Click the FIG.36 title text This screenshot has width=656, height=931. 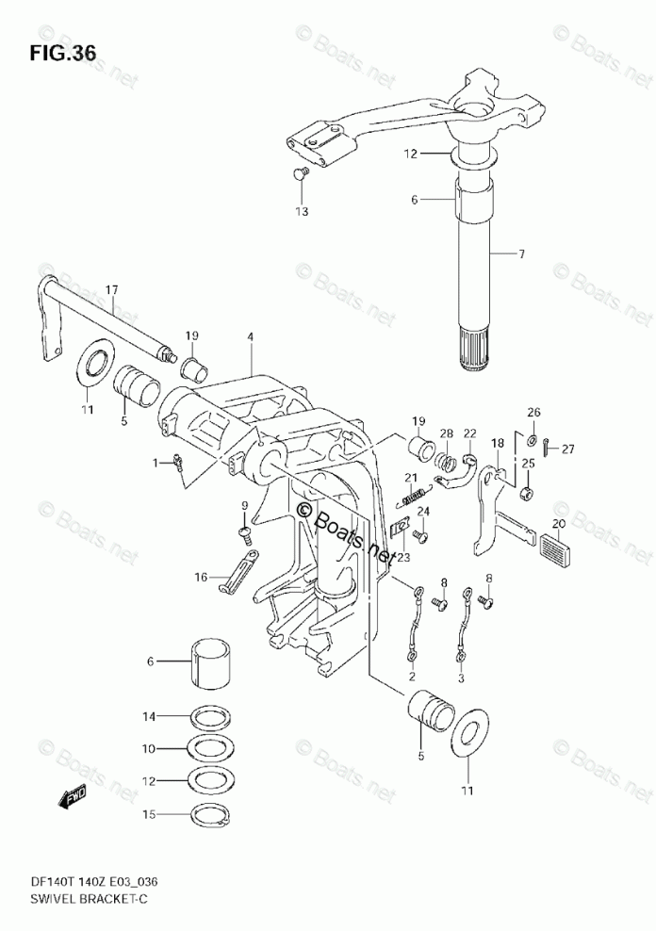(x=62, y=53)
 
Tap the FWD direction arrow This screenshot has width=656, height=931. (x=73, y=800)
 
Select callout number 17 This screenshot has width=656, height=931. (x=112, y=290)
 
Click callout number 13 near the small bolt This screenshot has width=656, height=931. (x=301, y=212)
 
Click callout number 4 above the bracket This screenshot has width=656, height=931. (x=251, y=336)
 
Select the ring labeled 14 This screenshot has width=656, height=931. (x=213, y=718)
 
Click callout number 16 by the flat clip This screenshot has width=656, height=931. (x=200, y=578)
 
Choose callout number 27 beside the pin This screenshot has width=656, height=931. (x=567, y=449)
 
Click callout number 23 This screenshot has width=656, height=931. (x=403, y=557)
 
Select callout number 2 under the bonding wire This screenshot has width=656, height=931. (x=412, y=677)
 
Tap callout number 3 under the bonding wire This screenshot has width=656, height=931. (x=461, y=677)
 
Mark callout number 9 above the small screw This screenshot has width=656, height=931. (x=244, y=507)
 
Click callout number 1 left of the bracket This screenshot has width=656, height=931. (x=156, y=462)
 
